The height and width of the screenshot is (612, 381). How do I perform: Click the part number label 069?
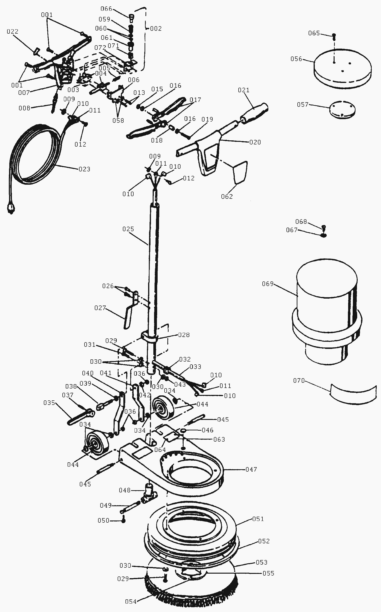pos(268,284)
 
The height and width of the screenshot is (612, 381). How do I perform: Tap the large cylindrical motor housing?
pos(327,311)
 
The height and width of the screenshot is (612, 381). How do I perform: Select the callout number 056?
pos(296,59)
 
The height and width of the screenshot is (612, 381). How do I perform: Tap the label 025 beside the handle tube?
pos(128,229)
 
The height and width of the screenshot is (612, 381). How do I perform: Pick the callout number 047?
pos(251,469)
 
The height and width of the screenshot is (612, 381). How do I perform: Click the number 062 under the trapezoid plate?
pos(227,196)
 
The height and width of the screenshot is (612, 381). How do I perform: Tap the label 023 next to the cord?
pos(84,169)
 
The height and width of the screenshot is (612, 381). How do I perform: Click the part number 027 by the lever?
pos(100,308)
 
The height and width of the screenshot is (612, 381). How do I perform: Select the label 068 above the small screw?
pos(301,222)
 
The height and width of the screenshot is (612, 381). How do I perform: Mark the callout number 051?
pos(258,519)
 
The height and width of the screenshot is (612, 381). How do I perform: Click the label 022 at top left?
pos(12,31)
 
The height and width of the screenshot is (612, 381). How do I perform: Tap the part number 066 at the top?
pos(106,9)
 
